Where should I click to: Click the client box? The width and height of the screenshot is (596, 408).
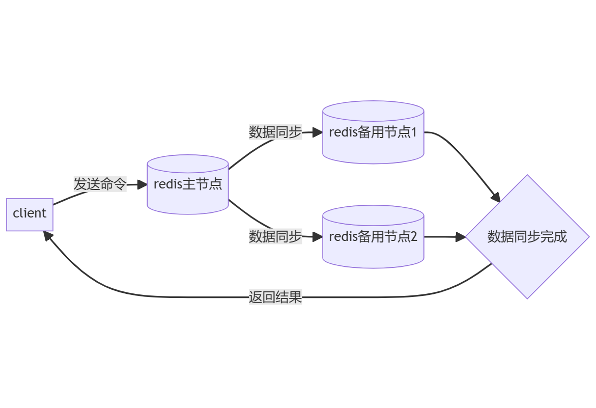point(30,214)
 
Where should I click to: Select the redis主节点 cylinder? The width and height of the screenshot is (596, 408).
point(187,184)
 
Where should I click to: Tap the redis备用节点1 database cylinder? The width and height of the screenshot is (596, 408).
point(373,132)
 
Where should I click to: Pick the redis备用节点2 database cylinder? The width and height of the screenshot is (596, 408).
point(373,237)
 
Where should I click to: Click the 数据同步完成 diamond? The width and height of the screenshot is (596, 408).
point(527,237)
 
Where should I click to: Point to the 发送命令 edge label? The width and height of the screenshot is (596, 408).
point(100,184)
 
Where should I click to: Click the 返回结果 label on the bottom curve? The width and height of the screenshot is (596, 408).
point(275,297)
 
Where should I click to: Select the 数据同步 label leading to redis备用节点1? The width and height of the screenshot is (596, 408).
point(275,132)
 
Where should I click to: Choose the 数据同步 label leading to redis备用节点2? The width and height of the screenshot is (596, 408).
point(275,237)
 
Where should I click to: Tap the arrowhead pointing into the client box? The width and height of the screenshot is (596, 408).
point(47,235)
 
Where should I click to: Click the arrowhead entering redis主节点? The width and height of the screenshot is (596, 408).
point(142,185)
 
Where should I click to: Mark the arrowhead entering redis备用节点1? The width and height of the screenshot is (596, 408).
point(318,132)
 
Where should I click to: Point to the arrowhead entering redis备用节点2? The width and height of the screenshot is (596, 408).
point(318,237)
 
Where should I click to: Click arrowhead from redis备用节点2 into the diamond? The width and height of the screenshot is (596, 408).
point(461,237)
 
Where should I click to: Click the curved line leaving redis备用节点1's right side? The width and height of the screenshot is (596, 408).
point(458,153)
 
